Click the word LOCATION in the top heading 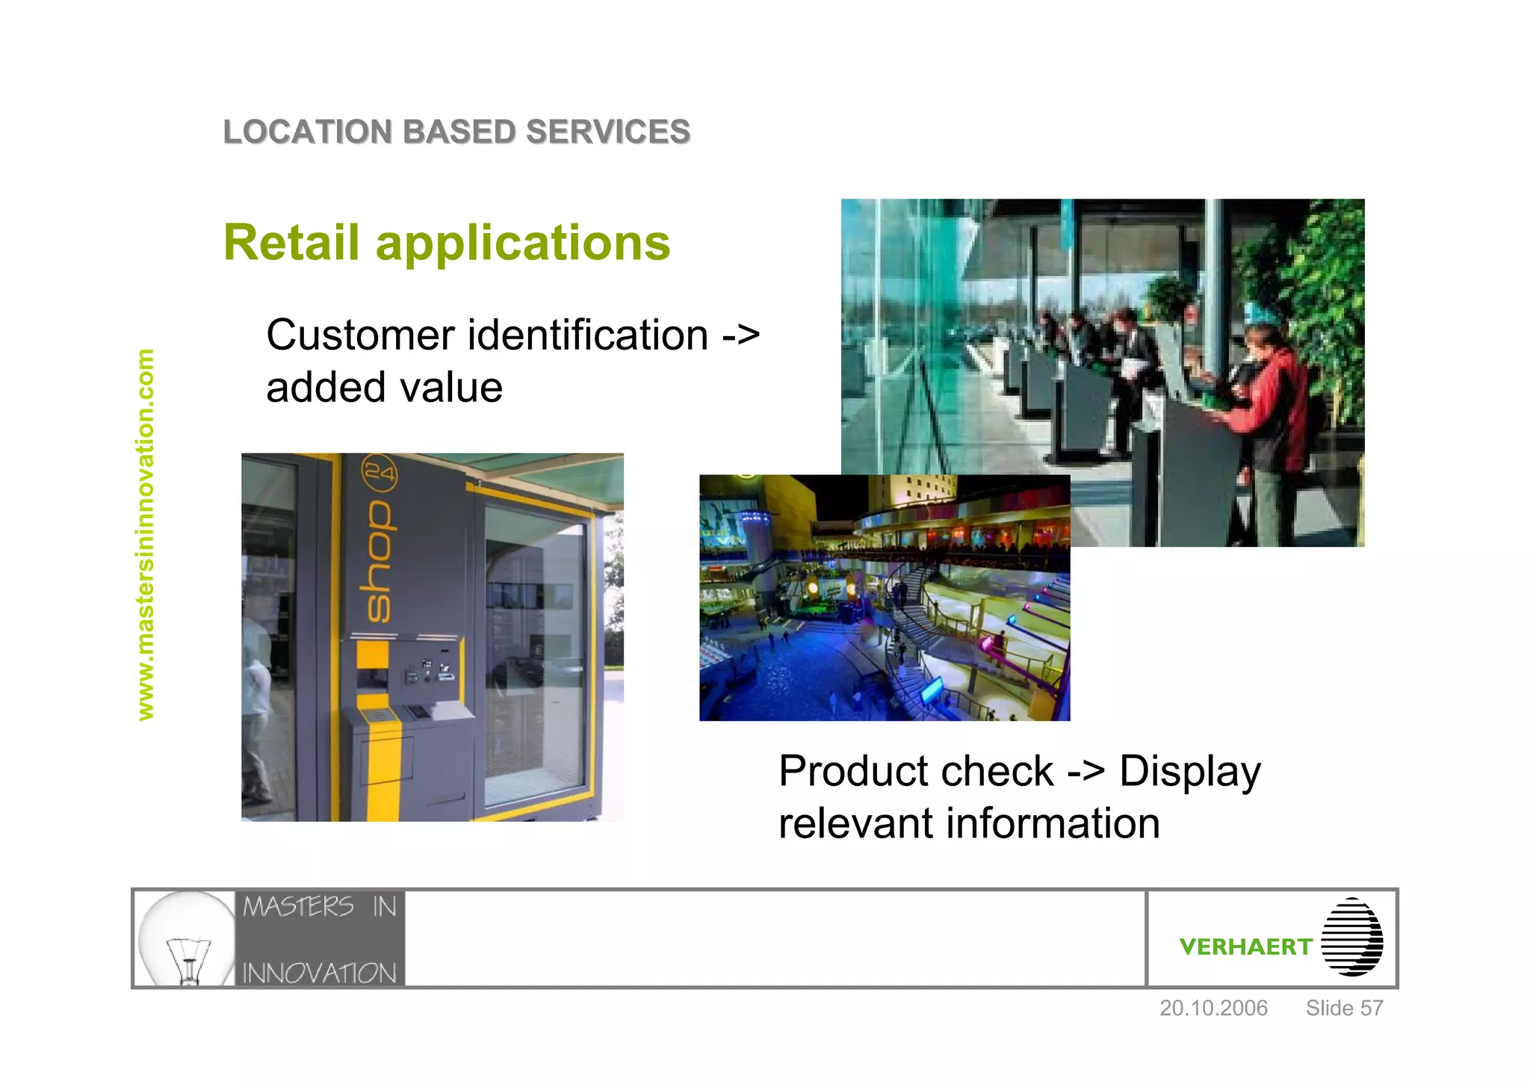click(x=307, y=132)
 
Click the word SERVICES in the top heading click(x=607, y=132)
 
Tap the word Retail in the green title click(x=291, y=243)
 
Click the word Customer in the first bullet click(x=360, y=335)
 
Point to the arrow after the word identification click(x=740, y=336)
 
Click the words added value click(x=384, y=388)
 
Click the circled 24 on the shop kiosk click(x=379, y=473)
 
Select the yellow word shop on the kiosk click(x=377, y=560)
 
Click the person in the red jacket click(x=1274, y=403)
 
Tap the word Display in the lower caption click(x=1189, y=772)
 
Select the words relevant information click(x=969, y=823)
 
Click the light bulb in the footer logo click(x=187, y=938)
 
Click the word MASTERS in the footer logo click(x=298, y=907)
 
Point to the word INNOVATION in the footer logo click(x=319, y=973)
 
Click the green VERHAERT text click(x=1245, y=947)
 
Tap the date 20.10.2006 click(x=1212, y=1008)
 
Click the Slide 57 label click(x=1343, y=1008)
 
